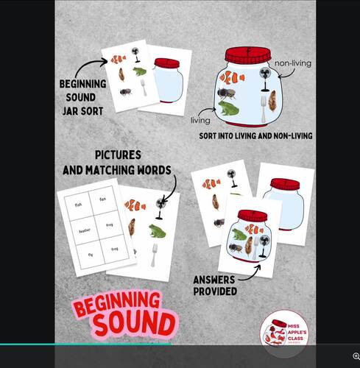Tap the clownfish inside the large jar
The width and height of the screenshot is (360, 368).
pos(232,77)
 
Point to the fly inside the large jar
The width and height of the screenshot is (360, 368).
pos(227,94)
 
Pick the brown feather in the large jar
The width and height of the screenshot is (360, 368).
pos(272,100)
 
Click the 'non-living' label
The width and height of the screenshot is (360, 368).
pos(293,64)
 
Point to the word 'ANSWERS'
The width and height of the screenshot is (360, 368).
pos(214,280)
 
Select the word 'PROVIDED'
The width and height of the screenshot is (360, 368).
pos(214,291)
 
